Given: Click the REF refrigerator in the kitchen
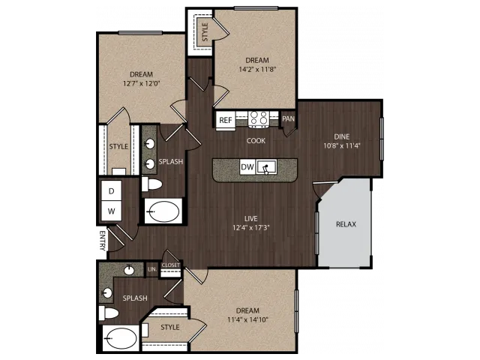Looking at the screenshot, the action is pyautogui.click(x=226, y=120).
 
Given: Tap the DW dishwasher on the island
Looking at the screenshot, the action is pyautogui.click(x=247, y=166).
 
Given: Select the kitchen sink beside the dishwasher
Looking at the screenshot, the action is pyautogui.click(x=266, y=167).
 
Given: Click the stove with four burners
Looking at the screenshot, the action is pyautogui.click(x=258, y=118).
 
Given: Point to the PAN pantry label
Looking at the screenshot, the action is pyautogui.click(x=288, y=118).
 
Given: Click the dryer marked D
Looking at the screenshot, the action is pyautogui.click(x=112, y=191).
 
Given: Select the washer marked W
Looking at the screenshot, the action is pyautogui.click(x=112, y=211).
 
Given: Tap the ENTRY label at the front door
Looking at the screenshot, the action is pyautogui.click(x=103, y=241).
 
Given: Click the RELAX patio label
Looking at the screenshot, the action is pyautogui.click(x=346, y=224).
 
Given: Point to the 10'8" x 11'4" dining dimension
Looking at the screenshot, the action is pyautogui.click(x=342, y=145).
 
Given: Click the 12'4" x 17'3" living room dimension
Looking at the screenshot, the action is pyautogui.click(x=250, y=228).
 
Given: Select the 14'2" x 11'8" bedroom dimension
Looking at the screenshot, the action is pyautogui.click(x=257, y=69).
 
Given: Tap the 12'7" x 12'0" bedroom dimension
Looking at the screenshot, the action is pyautogui.click(x=142, y=83).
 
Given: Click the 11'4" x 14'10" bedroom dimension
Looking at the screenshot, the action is pyautogui.click(x=248, y=320).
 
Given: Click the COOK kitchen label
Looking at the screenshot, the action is pyautogui.click(x=256, y=141).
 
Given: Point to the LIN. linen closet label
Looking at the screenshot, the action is pyautogui.click(x=152, y=269).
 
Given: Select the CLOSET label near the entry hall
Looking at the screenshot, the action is pyautogui.click(x=171, y=265).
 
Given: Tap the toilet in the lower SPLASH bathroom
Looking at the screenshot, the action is pyautogui.click(x=109, y=313).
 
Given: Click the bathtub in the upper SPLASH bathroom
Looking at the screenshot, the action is pyautogui.click(x=163, y=211).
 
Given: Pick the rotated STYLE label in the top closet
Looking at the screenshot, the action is pyautogui.click(x=205, y=32).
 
